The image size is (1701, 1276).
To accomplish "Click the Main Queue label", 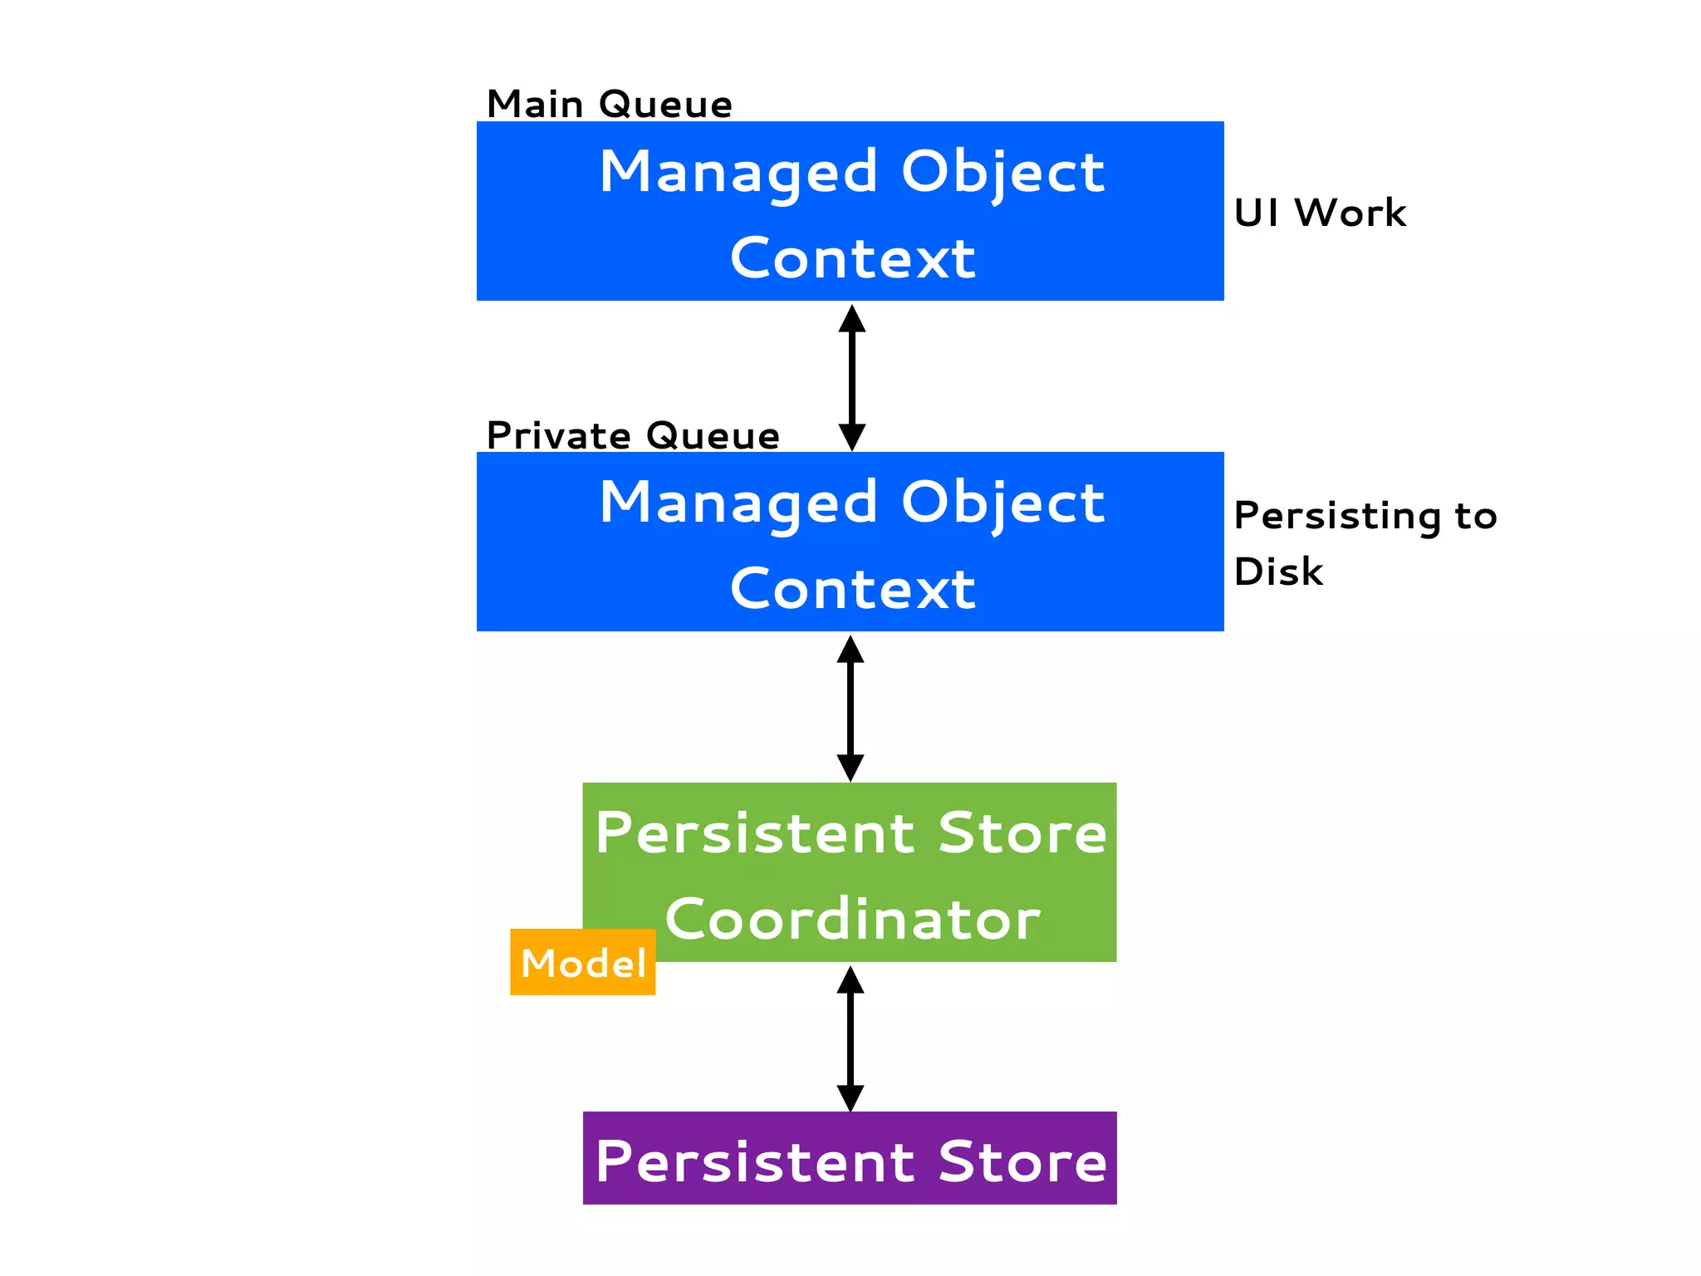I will tap(609, 105).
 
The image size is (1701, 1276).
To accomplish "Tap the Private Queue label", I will tap(633, 436).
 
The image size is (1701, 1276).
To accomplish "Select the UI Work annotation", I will tap(1320, 213).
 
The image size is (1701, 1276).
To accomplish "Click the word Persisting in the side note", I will tap(1337, 516).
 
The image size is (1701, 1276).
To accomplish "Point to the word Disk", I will tap(1278, 572).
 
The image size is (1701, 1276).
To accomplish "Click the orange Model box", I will tap(583, 963).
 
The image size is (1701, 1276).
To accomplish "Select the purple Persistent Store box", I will tap(850, 1158).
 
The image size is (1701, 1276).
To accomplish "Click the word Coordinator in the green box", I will tap(852, 920).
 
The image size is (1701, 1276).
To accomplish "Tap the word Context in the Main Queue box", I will tap(852, 258).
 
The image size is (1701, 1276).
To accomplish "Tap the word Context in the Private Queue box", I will tap(852, 589).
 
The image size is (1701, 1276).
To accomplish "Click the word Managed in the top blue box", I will tap(738, 172).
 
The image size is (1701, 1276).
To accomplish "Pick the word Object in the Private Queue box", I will tap(1002, 503).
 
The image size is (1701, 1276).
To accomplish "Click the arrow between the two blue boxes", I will tap(852, 377).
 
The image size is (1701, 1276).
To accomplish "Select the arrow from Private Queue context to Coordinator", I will tap(850, 708).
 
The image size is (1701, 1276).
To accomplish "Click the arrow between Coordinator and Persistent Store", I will tap(850, 1038).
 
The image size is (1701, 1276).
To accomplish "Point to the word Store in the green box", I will tap(1022, 833).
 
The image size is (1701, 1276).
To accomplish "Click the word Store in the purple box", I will tap(1022, 1161).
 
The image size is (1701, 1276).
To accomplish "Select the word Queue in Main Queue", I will tap(665, 106).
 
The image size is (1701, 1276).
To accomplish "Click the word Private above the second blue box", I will tap(558, 436).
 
